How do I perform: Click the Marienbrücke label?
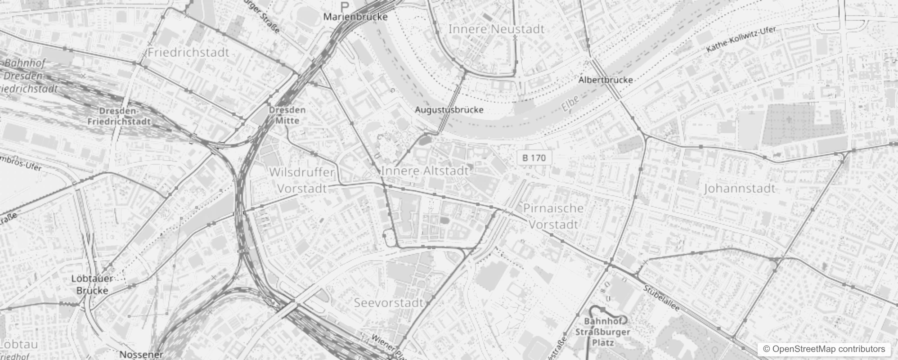click(355, 17)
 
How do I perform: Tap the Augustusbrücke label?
click(449, 110)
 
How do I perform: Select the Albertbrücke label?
click(606, 80)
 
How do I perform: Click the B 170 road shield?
click(534, 158)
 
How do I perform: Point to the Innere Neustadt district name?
click(496, 29)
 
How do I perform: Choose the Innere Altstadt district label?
click(425, 171)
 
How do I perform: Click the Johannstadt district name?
click(740, 188)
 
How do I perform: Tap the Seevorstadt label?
click(389, 302)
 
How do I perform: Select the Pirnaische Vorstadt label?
click(553, 216)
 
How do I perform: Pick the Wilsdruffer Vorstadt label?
click(302, 180)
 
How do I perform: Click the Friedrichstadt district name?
click(189, 52)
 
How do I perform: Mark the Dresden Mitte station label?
click(287, 115)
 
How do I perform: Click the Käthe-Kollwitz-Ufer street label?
click(741, 40)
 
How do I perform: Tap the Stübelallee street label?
click(661, 299)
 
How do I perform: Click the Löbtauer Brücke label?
click(92, 284)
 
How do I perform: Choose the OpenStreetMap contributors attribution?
click(822, 349)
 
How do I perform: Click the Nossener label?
click(141, 355)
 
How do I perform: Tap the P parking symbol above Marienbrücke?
click(345, 6)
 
